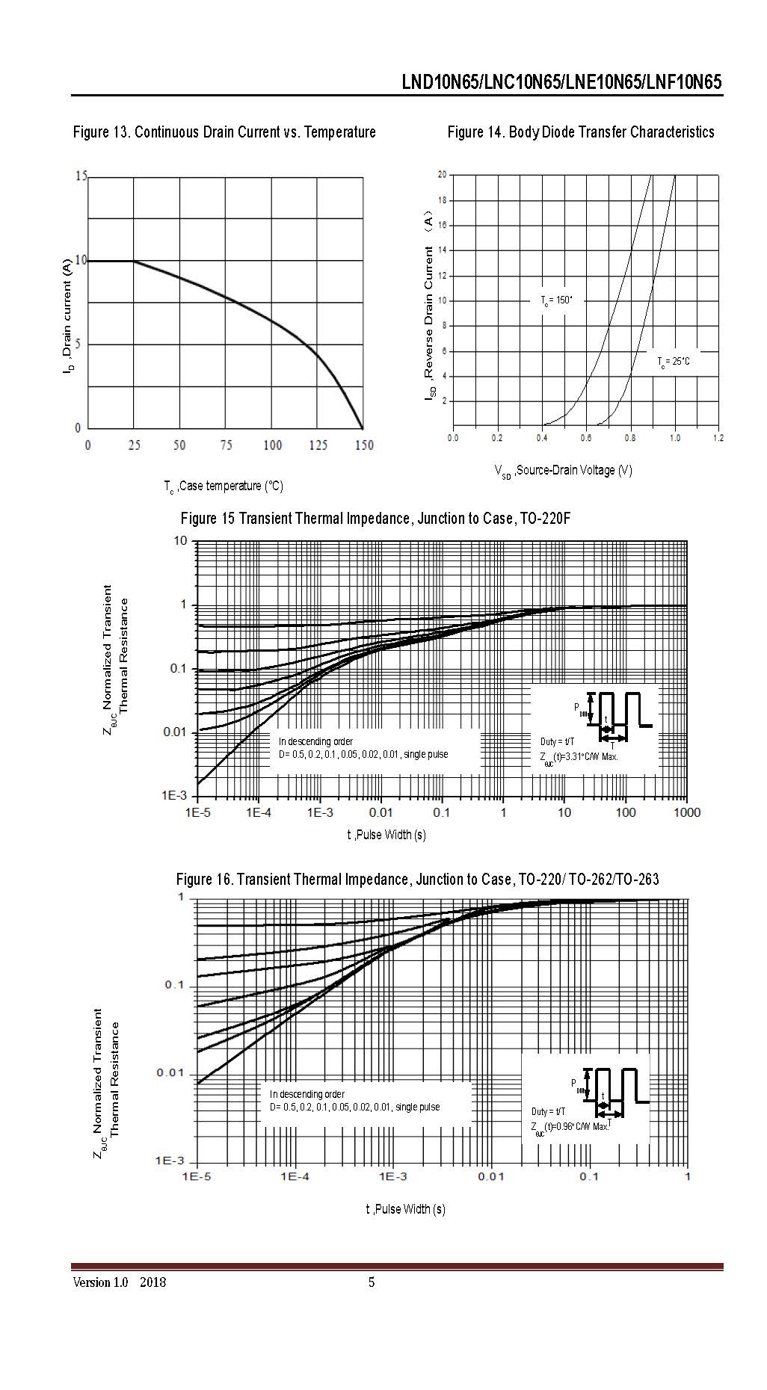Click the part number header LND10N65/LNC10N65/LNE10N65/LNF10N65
pos(561,82)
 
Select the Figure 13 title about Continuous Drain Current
pos(224,132)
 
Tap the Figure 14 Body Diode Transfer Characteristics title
pos(581,132)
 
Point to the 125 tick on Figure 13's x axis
pos(318,445)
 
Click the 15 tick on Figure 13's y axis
pos(81,176)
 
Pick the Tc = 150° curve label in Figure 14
pos(556,300)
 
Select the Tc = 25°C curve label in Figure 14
pos(673,362)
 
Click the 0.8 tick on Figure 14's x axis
pos(631,438)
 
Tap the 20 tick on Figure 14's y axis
pos(442,175)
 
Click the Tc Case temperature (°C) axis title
pos(224,486)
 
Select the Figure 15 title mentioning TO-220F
pos(375,519)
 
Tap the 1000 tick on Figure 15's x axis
pos(686,812)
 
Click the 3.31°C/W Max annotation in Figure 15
pos(580,756)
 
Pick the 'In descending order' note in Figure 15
pos(315,741)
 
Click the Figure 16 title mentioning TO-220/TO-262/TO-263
pos(417,880)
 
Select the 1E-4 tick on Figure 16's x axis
pos(295,1176)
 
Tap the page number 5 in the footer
pos(372,1283)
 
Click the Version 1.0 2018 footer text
pos(120,1283)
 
